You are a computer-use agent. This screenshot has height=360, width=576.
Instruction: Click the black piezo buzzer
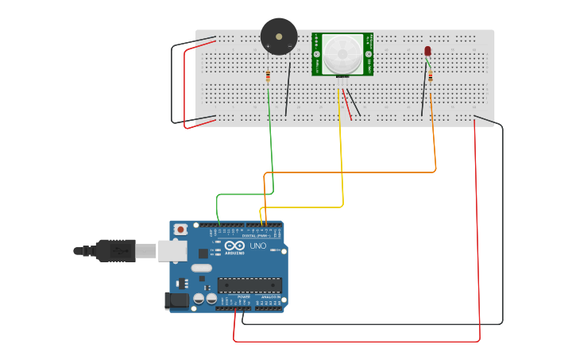[x=279, y=37]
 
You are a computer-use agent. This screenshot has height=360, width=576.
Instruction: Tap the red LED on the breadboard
[x=427, y=52]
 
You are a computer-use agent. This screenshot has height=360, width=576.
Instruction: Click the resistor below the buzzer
[x=268, y=76]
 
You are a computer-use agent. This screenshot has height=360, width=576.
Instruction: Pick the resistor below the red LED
[x=431, y=77]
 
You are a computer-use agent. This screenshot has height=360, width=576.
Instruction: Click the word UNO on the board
[x=258, y=246]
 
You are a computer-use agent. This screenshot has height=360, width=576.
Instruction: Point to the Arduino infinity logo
[x=235, y=245]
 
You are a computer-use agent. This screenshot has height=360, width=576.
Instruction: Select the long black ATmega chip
[x=249, y=285]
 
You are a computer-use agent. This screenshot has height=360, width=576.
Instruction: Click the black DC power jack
[x=176, y=300]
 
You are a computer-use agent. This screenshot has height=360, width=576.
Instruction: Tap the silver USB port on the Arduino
[x=171, y=251]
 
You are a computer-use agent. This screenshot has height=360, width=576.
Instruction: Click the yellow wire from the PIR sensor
[x=342, y=159]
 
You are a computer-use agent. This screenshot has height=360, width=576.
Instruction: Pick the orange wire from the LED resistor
[x=435, y=143]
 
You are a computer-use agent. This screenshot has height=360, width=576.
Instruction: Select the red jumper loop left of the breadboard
[x=185, y=87]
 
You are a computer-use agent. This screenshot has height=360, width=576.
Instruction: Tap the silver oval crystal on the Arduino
[x=202, y=268]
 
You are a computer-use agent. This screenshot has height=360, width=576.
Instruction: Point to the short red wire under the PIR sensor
[x=347, y=107]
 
